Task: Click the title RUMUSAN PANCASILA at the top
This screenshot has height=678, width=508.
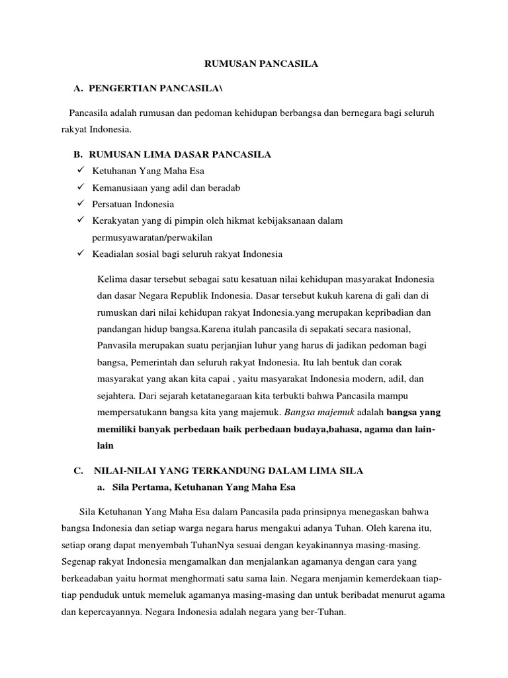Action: (254, 64)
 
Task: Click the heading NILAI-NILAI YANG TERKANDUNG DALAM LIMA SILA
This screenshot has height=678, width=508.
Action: (229, 471)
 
